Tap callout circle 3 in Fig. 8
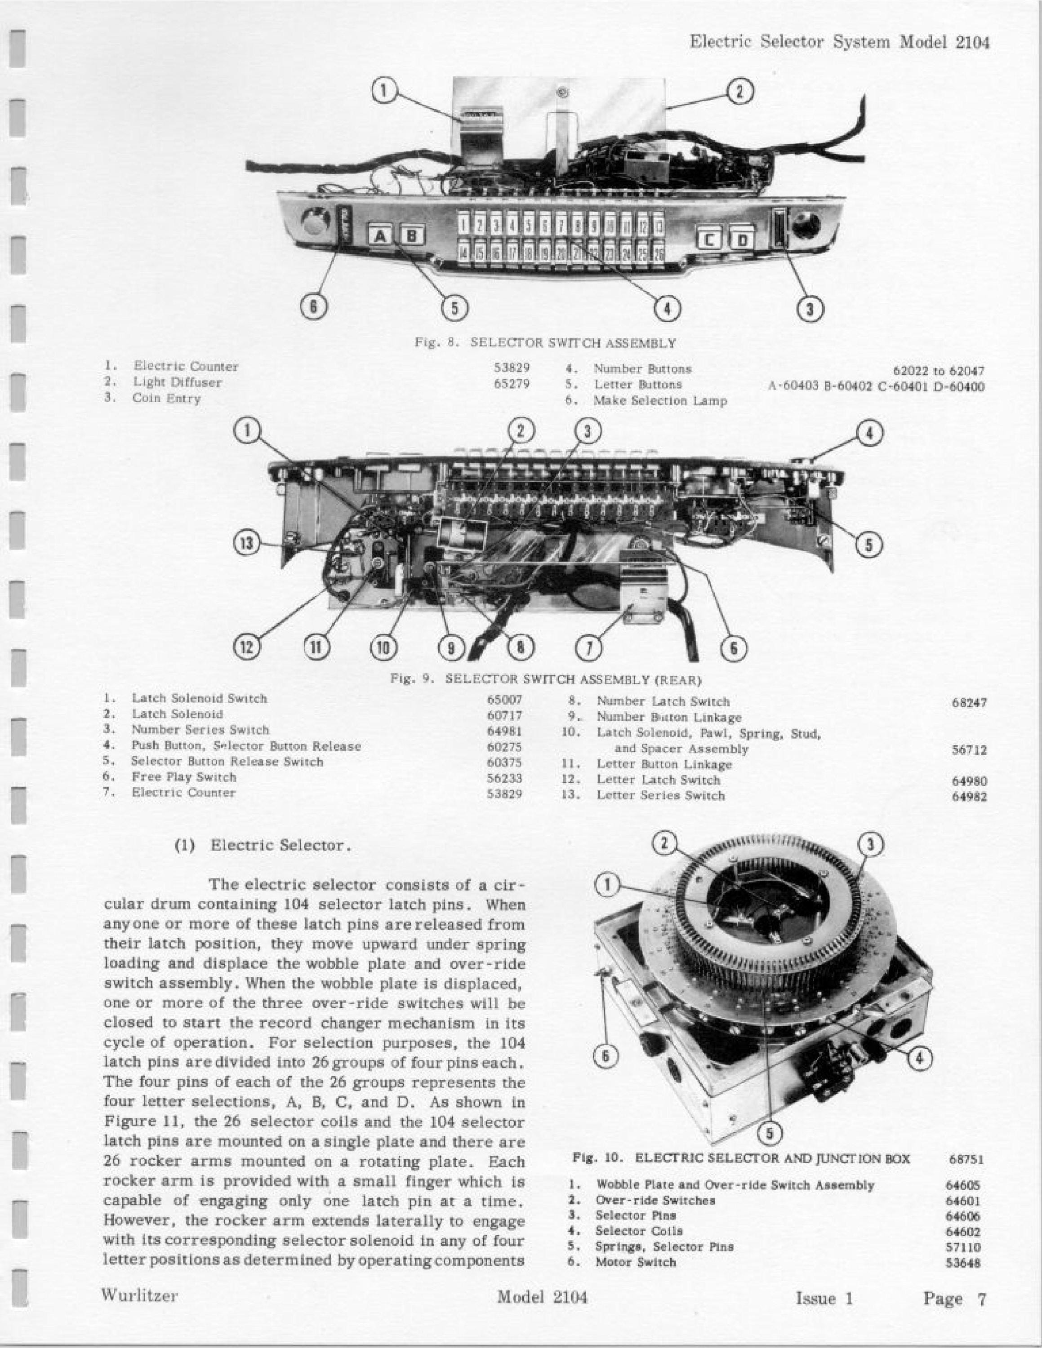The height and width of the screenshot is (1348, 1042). click(810, 309)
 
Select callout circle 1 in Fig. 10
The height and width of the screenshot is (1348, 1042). click(606, 885)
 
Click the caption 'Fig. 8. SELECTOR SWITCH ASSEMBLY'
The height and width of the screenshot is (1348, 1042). click(546, 343)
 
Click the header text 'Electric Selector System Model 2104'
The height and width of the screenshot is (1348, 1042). click(840, 43)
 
